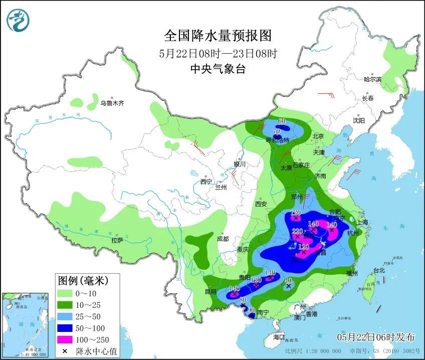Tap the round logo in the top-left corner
point(19,20)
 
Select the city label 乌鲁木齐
point(111,103)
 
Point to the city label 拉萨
point(117,240)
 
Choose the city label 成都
point(224,239)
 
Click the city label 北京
point(318,136)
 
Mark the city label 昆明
point(211,292)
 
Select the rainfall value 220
point(297,231)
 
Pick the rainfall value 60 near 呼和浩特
point(282,121)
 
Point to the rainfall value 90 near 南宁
point(252,310)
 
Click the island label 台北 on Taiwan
point(379,270)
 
